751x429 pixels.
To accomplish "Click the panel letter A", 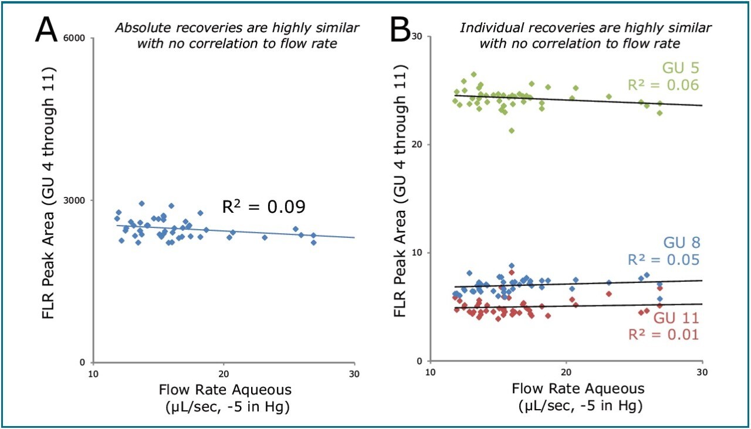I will (47, 29).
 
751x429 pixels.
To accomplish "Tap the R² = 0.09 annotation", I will (263, 207).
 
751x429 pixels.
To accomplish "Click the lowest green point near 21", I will (512, 131).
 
